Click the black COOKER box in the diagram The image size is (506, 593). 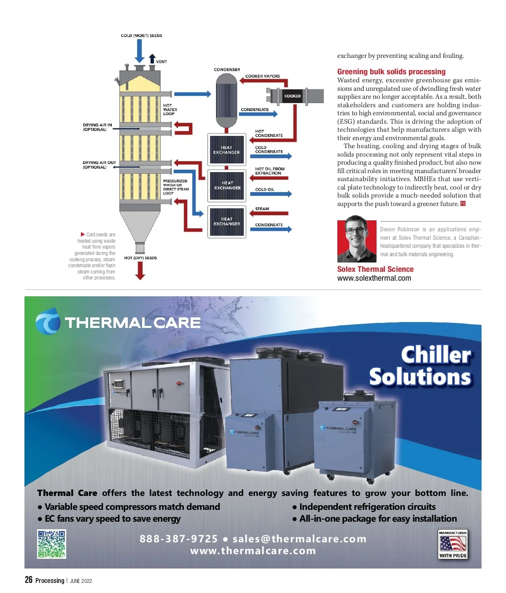(293, 96)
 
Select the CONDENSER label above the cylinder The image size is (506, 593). (227, 70)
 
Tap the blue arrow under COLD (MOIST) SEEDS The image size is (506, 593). (139, 52)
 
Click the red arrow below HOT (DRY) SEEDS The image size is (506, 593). (140, 271)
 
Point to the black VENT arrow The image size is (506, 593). (153, 59)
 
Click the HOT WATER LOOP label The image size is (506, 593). (170, 109)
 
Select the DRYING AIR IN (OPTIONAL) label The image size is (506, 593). (97, 127)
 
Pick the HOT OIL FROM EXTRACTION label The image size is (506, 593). (270, 171)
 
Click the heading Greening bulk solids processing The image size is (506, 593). (391, 72)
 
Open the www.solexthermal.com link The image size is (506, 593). (374, 278)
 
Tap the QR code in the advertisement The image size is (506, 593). (52, 544)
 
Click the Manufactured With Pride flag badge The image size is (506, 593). (453, 544)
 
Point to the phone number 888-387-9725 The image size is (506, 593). (179, 539)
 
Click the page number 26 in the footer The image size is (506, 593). (29, 580)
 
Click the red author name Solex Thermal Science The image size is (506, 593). (375, 269)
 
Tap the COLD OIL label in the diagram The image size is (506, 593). (264, 190)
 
